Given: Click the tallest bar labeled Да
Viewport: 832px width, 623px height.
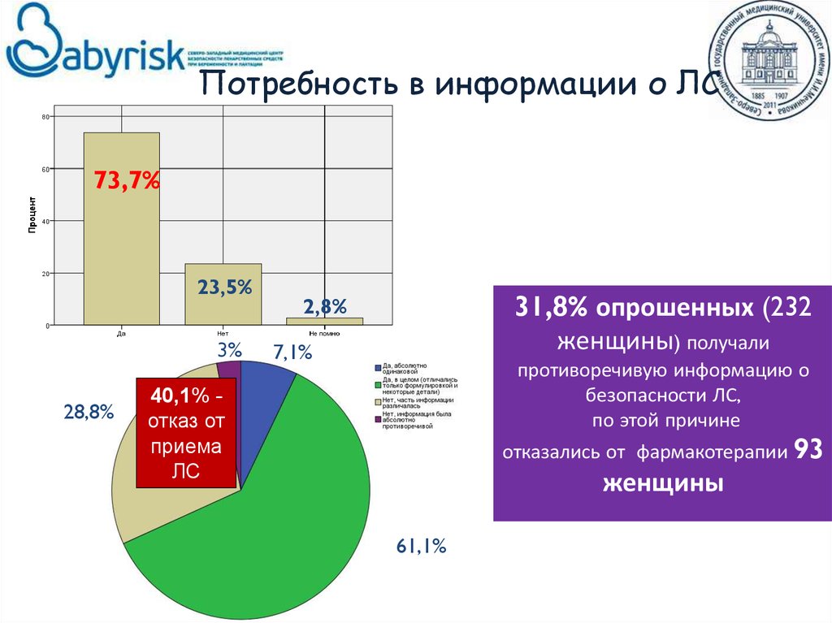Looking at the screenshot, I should click(x=121, y=244).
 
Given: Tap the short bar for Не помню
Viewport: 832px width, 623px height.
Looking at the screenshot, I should click(x=324, y=321).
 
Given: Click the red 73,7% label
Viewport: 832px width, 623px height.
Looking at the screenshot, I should click(x=126, y=180).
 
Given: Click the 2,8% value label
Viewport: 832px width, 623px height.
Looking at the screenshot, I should click(x=325, y=306).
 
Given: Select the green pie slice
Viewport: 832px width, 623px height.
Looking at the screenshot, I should click(x=268, y=520).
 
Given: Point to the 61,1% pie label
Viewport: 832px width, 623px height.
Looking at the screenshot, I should click(x=422, y=547).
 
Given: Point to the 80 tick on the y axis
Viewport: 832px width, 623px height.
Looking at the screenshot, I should click(x=45, y=118).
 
